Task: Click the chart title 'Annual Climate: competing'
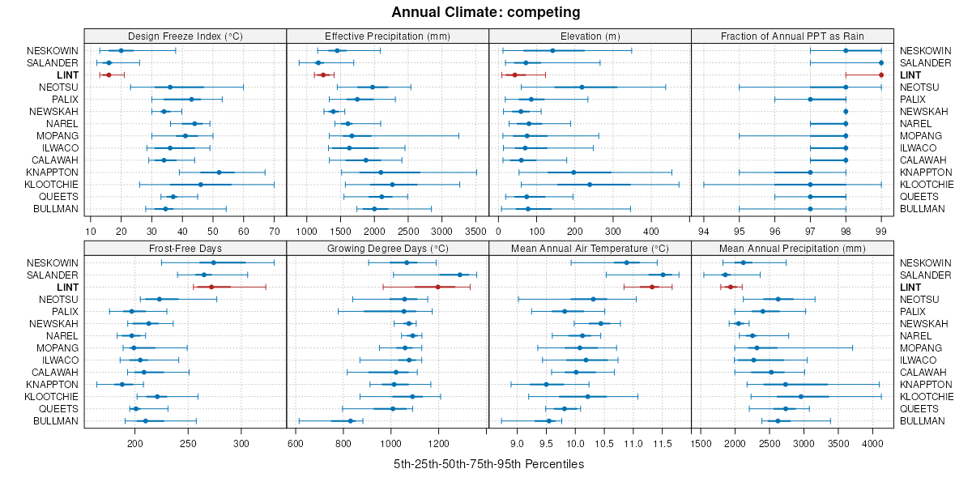point(486,12)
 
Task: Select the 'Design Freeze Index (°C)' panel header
point(185,36)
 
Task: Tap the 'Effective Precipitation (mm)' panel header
point(387,36)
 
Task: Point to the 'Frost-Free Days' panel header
point(185,249)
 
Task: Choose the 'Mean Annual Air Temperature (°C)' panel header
point(590,249)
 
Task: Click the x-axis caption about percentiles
point(488,464)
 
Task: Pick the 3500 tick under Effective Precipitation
point(475,231)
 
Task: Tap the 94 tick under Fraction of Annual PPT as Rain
point(703,231)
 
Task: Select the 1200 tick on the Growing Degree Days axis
point(439,443)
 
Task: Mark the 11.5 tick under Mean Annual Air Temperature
point(663,443)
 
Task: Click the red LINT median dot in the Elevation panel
point(514,75)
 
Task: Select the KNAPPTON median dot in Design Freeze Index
point(219,173)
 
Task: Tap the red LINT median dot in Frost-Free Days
point(211,287)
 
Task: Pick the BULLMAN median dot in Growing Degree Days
point(350,420)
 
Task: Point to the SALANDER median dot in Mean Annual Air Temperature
point(663,275)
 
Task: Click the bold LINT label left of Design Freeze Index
point(68,75)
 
